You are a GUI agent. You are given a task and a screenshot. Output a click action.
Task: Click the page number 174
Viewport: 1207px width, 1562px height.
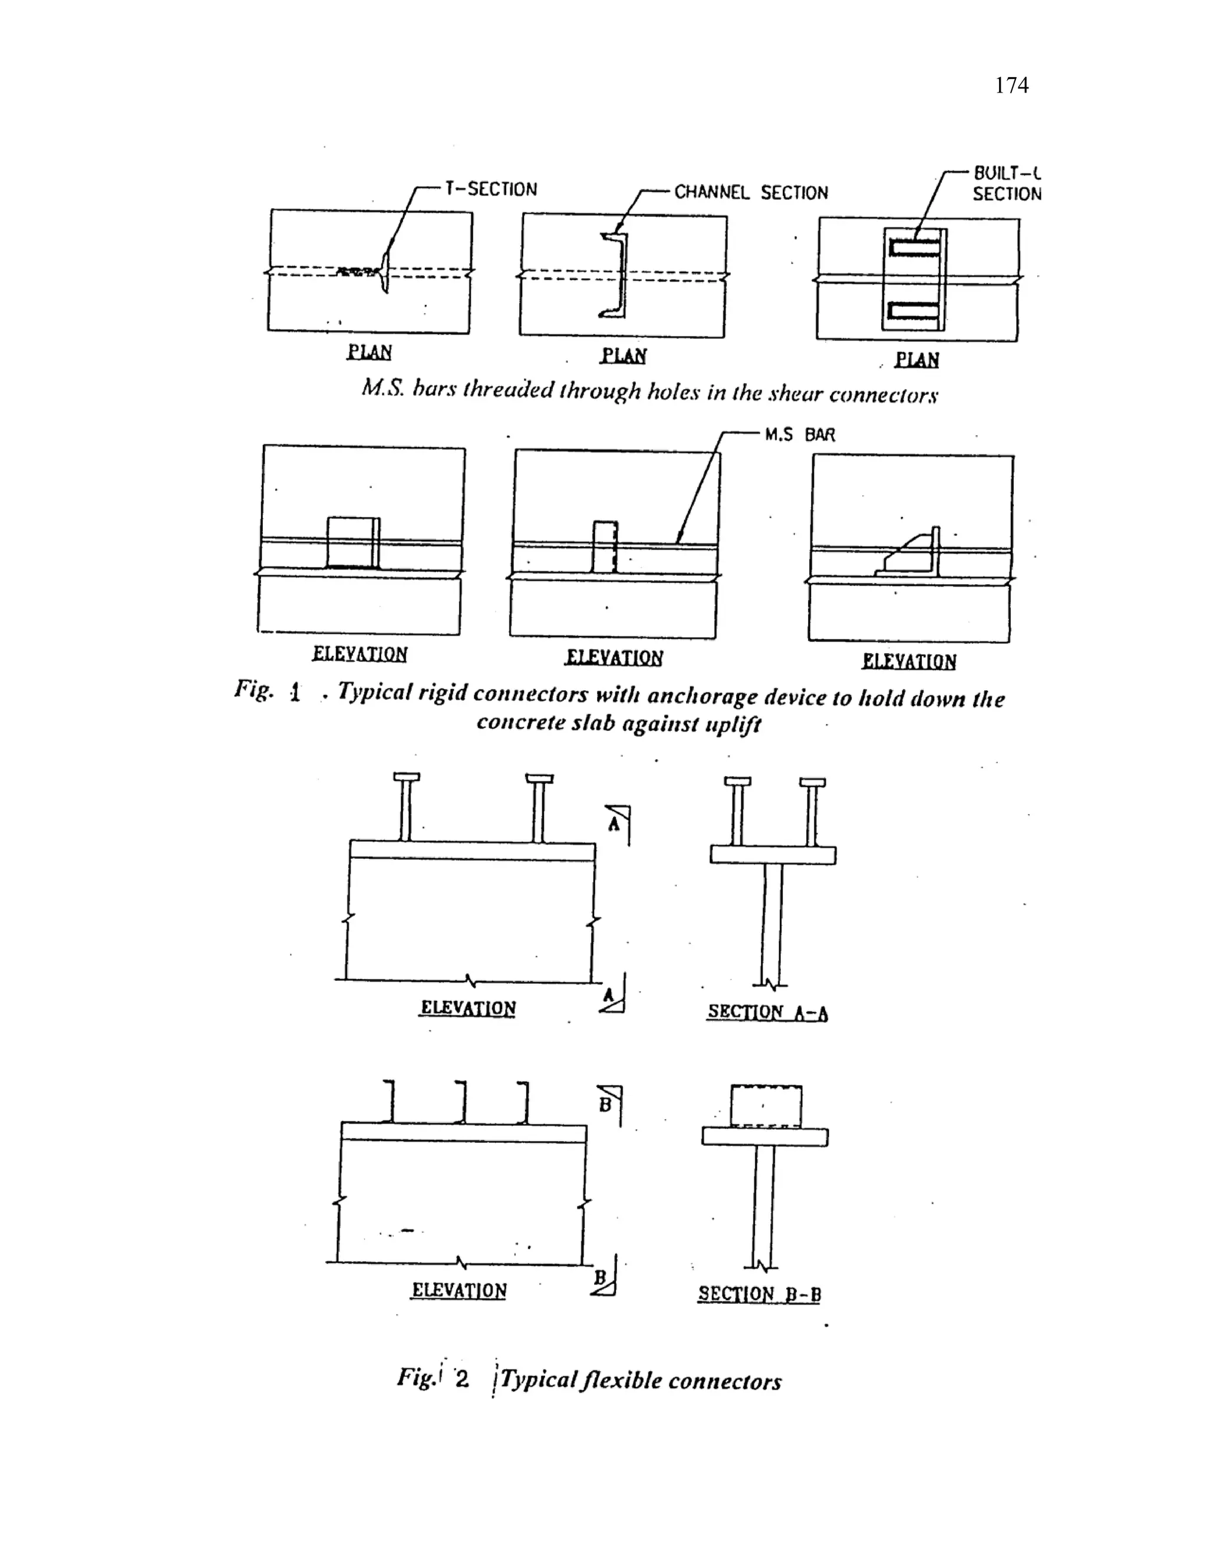click(x=1011, y=86)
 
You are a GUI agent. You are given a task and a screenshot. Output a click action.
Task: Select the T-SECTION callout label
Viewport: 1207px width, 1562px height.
click(x=490, y=190)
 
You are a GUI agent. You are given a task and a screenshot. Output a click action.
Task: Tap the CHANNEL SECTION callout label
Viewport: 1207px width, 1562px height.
click(x=751, y=192)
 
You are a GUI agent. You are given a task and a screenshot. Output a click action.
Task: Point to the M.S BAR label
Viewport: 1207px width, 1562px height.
click(x=799, y=435)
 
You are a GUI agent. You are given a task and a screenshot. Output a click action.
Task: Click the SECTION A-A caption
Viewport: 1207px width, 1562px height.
click(x=767, y=1012)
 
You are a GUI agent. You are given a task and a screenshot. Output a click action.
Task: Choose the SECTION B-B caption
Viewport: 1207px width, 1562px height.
click(x=759, y=1294)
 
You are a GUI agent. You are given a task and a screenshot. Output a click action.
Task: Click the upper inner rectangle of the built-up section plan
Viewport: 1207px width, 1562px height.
click(x=913, y=248)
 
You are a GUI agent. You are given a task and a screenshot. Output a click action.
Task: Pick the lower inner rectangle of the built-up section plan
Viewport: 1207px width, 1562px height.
click(x=912, y=311)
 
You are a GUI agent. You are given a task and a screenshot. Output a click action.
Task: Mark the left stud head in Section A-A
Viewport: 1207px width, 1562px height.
click(x=737, y=782)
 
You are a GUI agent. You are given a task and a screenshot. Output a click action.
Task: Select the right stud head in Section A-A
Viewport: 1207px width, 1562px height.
click(x=812, y=782)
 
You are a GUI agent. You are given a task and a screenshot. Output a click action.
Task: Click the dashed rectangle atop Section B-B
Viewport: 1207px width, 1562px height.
click(x=766, y=1106)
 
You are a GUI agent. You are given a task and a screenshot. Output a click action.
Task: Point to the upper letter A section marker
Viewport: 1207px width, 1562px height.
click(x=614, y=824)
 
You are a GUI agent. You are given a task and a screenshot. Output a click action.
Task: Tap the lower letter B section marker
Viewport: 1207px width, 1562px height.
click(x=601, y=1277)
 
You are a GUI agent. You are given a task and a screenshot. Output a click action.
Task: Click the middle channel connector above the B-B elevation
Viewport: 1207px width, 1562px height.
click(x=463, y=1102)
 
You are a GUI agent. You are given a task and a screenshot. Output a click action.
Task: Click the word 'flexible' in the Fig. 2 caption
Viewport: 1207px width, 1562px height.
click(x=621, y=1380)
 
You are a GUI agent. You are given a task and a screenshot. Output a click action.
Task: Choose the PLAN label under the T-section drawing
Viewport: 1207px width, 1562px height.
click(x=369, y=352)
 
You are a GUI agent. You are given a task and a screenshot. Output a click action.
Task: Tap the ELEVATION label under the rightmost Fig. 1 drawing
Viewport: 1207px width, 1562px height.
click(x=909, y=661)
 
